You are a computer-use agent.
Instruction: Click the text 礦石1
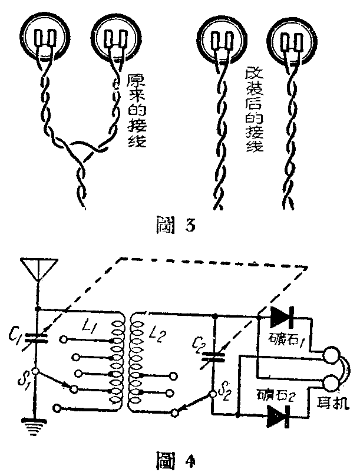(x=282, y=340)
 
